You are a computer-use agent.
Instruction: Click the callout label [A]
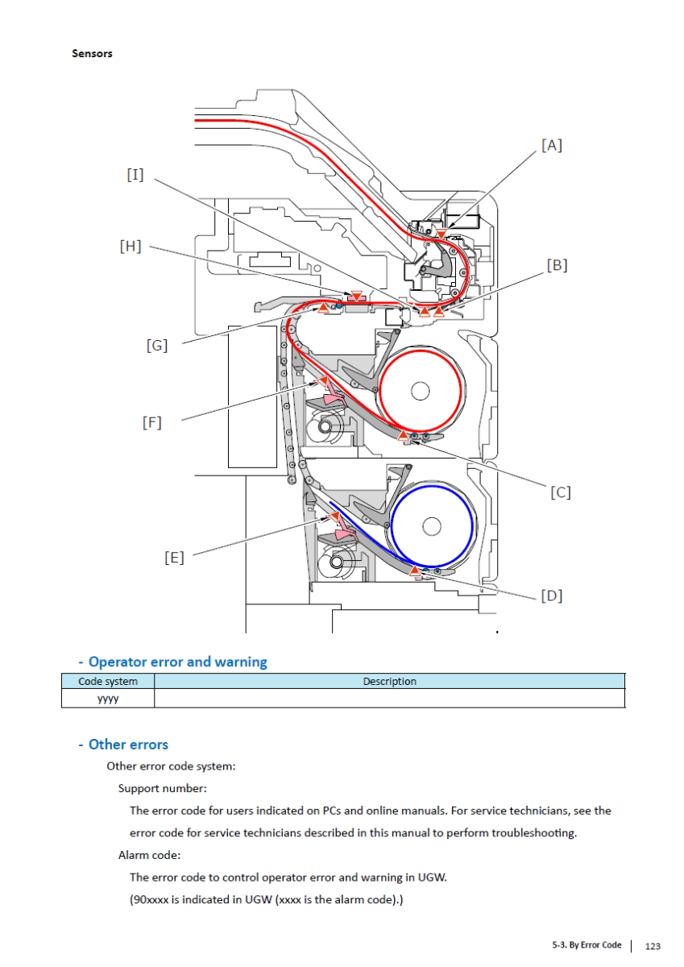(x=551, y=145)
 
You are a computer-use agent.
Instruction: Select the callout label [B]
(x=557, y=264)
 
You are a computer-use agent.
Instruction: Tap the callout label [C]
(x=560, y=492)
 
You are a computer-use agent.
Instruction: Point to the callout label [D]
(x=551, y=596)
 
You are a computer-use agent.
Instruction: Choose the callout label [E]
(x=173, y=557)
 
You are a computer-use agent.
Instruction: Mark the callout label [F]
(x=151, y=421)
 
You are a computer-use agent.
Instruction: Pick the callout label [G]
(x=156, y=346)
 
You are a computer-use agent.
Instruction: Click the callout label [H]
(x=130, y=247)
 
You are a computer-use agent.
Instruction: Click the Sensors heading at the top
(x=92, y=53)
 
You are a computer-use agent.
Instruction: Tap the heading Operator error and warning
(x=177, y=662)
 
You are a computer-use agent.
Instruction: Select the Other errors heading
(x=128, y=745)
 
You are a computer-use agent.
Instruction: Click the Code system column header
(x=107, y=682)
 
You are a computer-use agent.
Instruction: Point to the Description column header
(x=389, y=682)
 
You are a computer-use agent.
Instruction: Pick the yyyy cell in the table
(x=107, y=699)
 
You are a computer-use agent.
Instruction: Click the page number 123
(x=653, y=945)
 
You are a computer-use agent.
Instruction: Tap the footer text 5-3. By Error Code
(x=587, y=945)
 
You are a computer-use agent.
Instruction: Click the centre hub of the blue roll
(x=431, y=527)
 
